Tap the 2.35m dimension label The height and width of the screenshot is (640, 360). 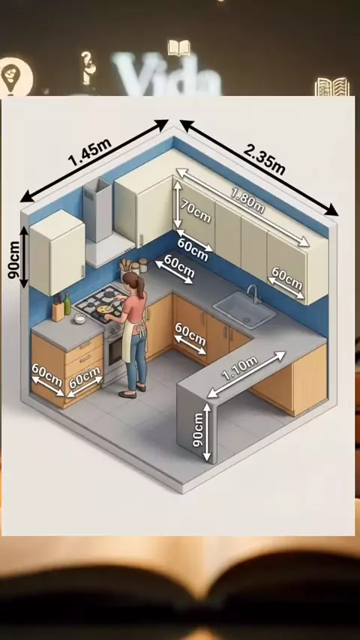coord(265,159)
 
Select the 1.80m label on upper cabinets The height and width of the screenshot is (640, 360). coord(247,200)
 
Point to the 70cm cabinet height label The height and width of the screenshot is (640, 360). coord(196,212)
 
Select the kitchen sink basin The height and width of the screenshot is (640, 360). coord(244,310)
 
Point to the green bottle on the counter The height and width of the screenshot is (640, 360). coord(67,304)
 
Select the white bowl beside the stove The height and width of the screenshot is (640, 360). coord(80,319)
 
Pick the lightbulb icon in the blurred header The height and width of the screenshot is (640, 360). coord(16,76)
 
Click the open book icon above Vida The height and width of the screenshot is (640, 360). coord(179,48)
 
